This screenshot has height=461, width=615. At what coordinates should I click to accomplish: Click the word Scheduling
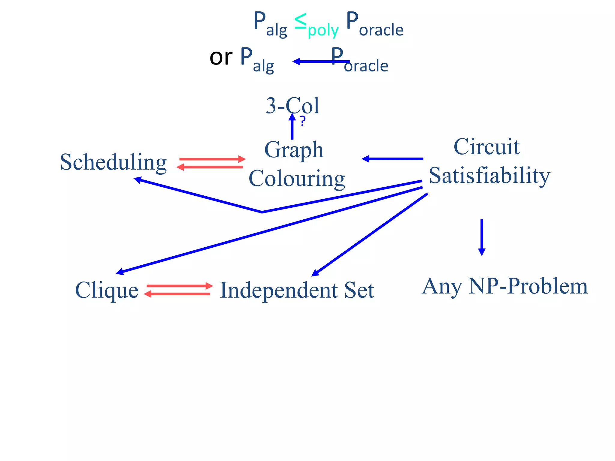pyautogui.click(x=113, y=162)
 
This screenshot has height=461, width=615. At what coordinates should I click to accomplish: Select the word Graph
pyautogui.click(x=294, y=150)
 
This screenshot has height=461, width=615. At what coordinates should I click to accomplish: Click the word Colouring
pyautogui.click(x=297, y=178)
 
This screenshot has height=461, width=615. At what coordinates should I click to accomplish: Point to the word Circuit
pyautogui.click(x=486, y=147)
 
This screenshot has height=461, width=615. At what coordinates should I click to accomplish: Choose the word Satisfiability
pyautogui.click(x=489, y=175)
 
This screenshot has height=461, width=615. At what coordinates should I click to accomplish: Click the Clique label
pyautogui.click(x=107, y=290)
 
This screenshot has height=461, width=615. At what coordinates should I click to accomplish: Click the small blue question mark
pyautogui.click(x=303, y=121)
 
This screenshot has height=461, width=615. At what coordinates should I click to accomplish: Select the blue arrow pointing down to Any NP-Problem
pyautogui.click(x=482, y=237)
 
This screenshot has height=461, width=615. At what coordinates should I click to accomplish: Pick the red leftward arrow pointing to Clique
pyautogui.click(x=177, y=294)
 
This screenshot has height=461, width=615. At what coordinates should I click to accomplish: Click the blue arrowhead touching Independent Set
pyautogui.click(x=315, y=273)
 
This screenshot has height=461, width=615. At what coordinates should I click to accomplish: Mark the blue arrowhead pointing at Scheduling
pyautogui.click(x=138, y=180)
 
